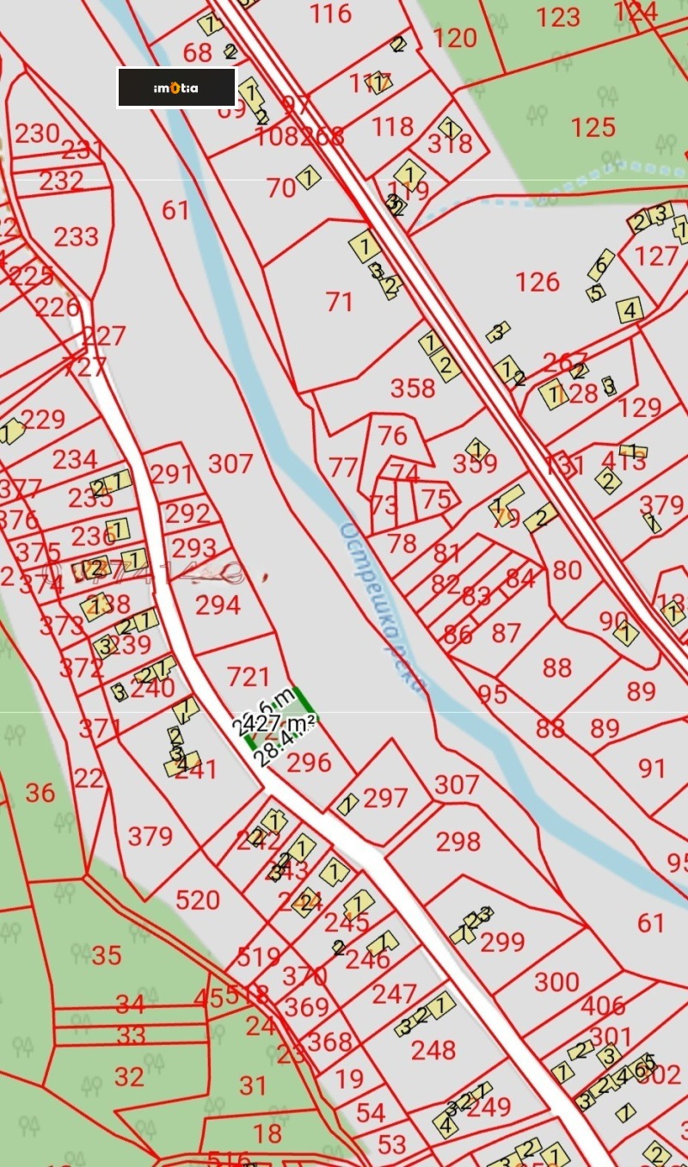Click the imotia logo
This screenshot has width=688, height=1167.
tap(176, 88)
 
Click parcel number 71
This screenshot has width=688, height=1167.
tap(340, 302)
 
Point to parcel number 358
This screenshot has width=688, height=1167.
tap(413, 389)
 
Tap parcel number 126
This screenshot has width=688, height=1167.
tap(537, 282)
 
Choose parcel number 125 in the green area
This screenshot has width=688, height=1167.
tap(593, 127)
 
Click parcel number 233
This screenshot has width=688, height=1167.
tap(77, 236)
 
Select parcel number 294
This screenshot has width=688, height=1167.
tap(218, 605)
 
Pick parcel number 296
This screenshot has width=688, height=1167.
tap(309, 763)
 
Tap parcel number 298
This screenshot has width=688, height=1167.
tap(458, 842)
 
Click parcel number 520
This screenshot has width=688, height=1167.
tap(198, 900)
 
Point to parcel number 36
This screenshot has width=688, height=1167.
tap(40, 793)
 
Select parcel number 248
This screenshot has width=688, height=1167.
tap(433, 1050)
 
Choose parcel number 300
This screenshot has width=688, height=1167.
tap(556, 982)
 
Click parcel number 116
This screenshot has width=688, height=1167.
tap(331, 14)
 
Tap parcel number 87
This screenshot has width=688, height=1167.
tap(507, 633)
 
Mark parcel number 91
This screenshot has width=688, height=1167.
tap(652, 767)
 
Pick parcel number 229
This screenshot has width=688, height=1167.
tap(43, 419)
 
